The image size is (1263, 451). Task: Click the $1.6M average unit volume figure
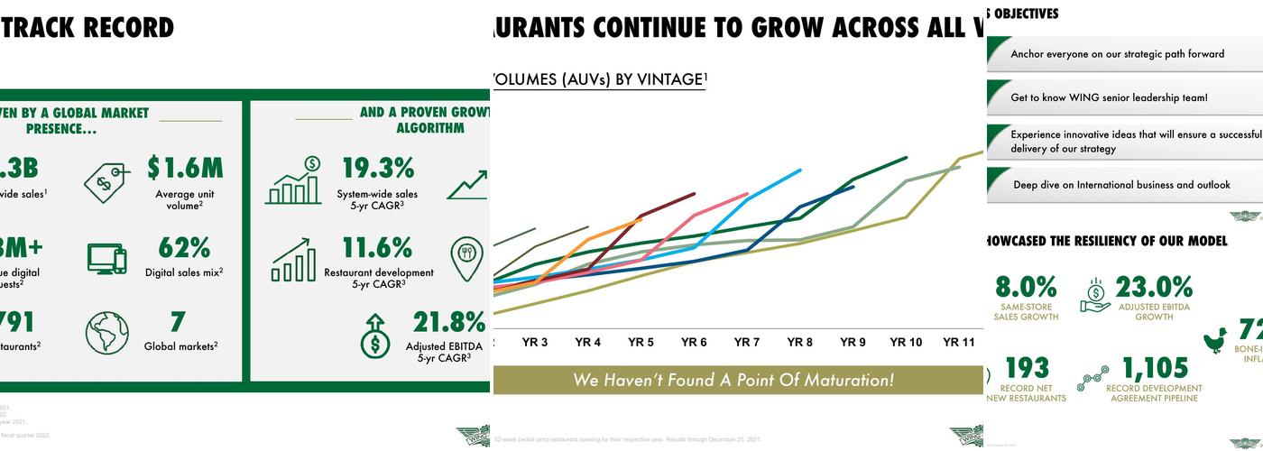[185, 168]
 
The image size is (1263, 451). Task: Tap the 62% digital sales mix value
[184, 247]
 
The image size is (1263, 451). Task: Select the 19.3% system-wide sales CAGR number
[378, 168]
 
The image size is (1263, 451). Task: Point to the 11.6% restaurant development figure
[378, 247]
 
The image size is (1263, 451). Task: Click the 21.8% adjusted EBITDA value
[449, 322]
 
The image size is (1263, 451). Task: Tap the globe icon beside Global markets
[107, 333]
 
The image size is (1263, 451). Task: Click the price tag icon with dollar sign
[106, 182]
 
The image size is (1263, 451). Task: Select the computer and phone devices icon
[107, 258]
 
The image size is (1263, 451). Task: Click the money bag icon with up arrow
[374, 336]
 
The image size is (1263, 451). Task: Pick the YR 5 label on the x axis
[641, 343]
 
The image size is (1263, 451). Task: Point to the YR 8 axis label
[799, 343]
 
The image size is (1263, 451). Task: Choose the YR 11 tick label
[959, 343]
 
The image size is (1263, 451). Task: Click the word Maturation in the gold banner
[848, 380]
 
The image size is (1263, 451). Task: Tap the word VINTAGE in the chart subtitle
[668, 79]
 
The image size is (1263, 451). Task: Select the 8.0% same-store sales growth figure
[1026, 287]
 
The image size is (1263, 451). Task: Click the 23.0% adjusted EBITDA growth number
[1154, 287]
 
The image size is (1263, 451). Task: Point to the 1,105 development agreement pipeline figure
[1155, 368]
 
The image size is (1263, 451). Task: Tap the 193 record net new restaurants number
[1027, 368]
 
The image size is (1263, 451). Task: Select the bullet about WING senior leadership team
[1109, 97]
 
